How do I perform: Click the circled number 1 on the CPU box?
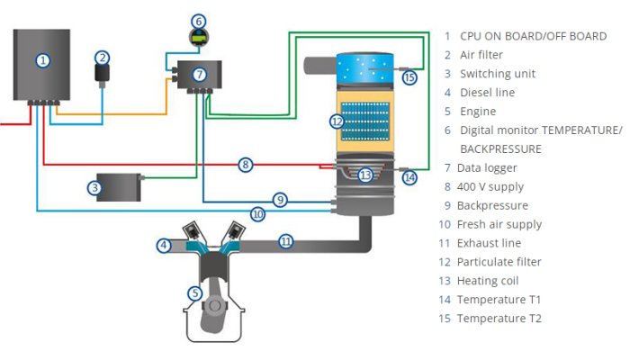[41, 60]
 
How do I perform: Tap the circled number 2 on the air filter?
[103, 58]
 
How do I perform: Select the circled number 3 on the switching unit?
[94, 188]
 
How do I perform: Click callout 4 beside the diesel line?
[164, 245]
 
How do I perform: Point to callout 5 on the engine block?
[194, 292]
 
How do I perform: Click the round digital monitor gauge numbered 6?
[199, 21]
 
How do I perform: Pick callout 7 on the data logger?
[199, 74]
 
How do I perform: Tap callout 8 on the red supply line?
[245, 165]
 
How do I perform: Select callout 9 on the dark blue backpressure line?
[281, 199]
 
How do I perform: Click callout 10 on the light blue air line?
[258, 214]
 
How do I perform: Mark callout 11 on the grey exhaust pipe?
[285, 241]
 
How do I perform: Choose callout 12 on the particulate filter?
[336, 121]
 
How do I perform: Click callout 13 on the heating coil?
[364, 175]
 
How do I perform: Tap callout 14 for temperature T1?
[409, 178]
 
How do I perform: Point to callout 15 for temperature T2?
[409, 77]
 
